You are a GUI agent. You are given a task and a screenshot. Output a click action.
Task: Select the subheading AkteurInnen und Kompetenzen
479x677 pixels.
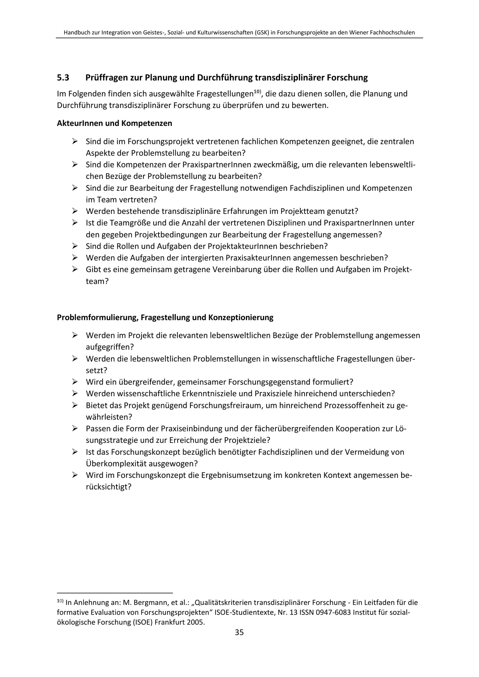point(114,123)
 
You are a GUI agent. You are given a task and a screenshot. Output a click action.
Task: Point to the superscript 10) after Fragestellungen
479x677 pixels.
point(257,92)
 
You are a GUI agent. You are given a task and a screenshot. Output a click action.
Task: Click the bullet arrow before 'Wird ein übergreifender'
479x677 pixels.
point(75,382)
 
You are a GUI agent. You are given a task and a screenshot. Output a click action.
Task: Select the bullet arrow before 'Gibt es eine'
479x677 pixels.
point(75,269)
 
